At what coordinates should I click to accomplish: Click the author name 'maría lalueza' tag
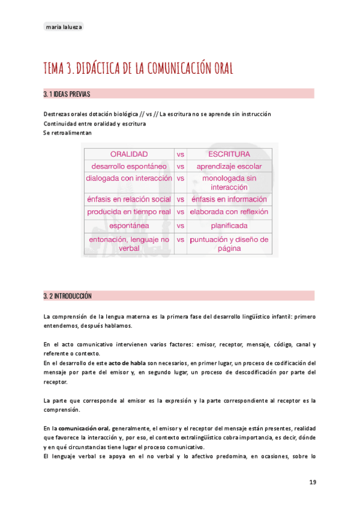64,26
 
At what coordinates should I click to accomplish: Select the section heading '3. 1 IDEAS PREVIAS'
67,94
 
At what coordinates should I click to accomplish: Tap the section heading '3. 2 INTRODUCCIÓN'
68,296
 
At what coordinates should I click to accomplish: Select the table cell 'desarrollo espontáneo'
128,166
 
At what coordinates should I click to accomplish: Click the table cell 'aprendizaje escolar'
229,166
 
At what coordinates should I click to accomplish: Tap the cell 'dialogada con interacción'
128,178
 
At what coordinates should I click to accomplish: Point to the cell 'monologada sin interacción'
229,182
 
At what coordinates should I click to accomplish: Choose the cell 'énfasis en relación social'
128,199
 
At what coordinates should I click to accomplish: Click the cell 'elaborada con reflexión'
229,212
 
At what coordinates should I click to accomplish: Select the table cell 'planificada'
229,226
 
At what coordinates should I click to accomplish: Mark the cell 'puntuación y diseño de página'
229,243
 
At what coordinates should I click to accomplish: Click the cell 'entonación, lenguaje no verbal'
128,243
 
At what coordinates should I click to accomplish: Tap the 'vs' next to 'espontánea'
181,226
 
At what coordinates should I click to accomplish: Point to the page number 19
313,482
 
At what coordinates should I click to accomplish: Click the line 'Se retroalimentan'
68,133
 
